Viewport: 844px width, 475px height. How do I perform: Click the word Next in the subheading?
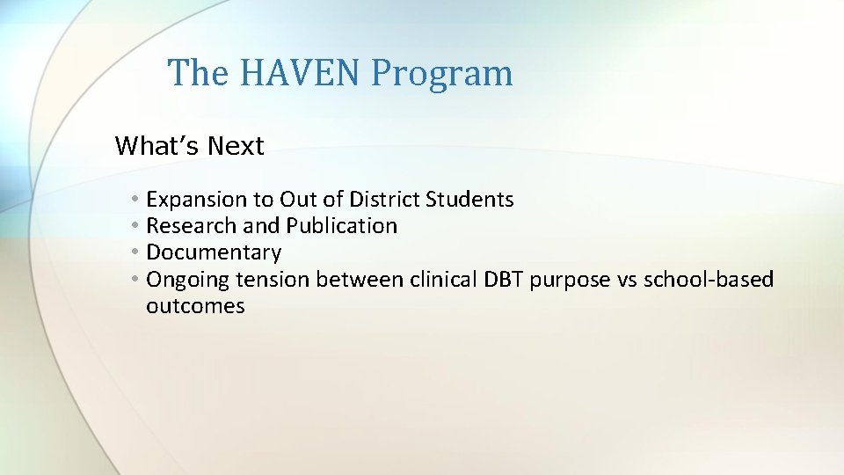pyautogui.click(x=236, y=146)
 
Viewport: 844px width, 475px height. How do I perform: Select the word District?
pyautogui.click(x=384, y=200)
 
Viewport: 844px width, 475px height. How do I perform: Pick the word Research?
pyautogui.click(x=191, y=226)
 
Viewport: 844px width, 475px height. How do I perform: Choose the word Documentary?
pyautogui.click(x=214, y=253)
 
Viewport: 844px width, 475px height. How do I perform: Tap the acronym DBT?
pyautogui.click(x=504, y=280)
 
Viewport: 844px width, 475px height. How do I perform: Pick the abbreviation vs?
pyautogui.click(x=628, y=280)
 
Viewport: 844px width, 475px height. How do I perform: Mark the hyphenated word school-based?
pyautogui.click(x=709, y=280)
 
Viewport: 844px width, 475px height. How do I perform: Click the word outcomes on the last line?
pyautogui.click(x=195, y=307)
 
